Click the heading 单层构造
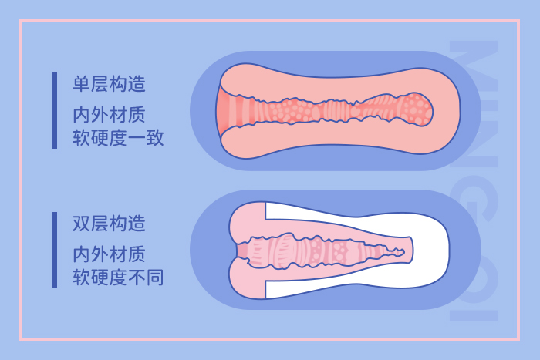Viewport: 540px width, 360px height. pos(110,83)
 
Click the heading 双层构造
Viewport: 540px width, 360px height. pos(110,224)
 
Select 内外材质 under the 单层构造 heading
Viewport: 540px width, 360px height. pos(110,114)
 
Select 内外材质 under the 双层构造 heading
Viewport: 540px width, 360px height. pos(110,253)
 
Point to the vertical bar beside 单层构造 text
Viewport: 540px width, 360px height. pos(54,110)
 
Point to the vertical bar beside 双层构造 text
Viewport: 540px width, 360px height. pos(54,250)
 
